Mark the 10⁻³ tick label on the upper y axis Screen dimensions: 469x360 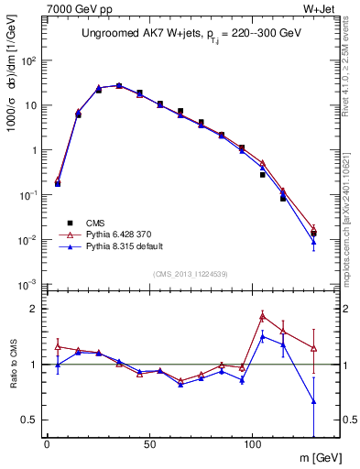tap(27, 285)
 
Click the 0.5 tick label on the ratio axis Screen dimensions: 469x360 tap(30, 420)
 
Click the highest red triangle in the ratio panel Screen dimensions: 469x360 tap(263, 316)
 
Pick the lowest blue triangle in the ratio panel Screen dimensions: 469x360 tap(314, 401)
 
